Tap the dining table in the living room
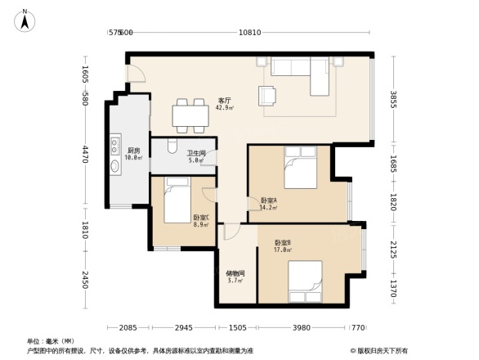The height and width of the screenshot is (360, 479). coord(190,115)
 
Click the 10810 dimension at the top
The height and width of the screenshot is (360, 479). coord(249,33)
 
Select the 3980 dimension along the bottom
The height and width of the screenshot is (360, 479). coord(302,328)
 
